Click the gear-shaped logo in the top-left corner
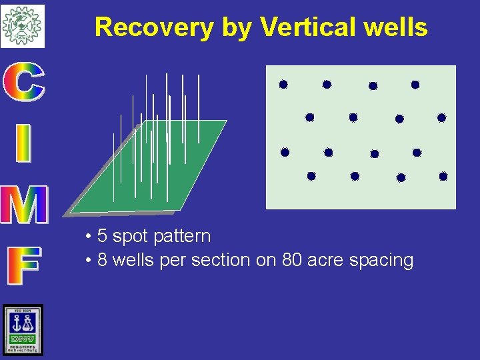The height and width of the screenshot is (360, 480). click(22, 25)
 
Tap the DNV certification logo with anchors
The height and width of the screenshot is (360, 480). click(22, 329)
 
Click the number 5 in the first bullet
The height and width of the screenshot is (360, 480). click(102, 237)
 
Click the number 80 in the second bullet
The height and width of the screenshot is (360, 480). click(292, 260)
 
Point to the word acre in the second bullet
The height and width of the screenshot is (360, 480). click(328, 260)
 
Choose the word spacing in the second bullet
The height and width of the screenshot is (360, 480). click(383, 261)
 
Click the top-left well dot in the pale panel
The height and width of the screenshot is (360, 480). click(283, 85)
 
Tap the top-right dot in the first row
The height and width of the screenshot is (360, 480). click(415, 85)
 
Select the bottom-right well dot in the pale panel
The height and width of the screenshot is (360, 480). click(443, 177)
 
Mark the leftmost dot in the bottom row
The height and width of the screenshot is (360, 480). click(311, 177)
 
